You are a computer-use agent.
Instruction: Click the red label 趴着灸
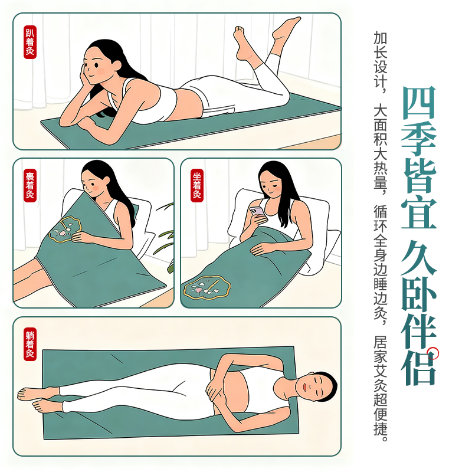[30, 42]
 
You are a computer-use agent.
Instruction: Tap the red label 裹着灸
[30, 185]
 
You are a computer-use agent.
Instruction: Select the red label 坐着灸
[197, 185]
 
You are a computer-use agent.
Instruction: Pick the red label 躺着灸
[30, 344]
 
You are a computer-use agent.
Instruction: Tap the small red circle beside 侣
[433, 353]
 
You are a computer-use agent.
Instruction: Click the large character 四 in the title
[419, 102]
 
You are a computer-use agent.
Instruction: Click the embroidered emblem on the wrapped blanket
[65, 230]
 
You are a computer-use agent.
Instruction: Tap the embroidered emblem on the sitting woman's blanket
[207, 287]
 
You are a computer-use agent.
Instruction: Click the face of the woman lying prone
[96, 66]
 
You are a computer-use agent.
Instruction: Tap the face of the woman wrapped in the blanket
[93, 183]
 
